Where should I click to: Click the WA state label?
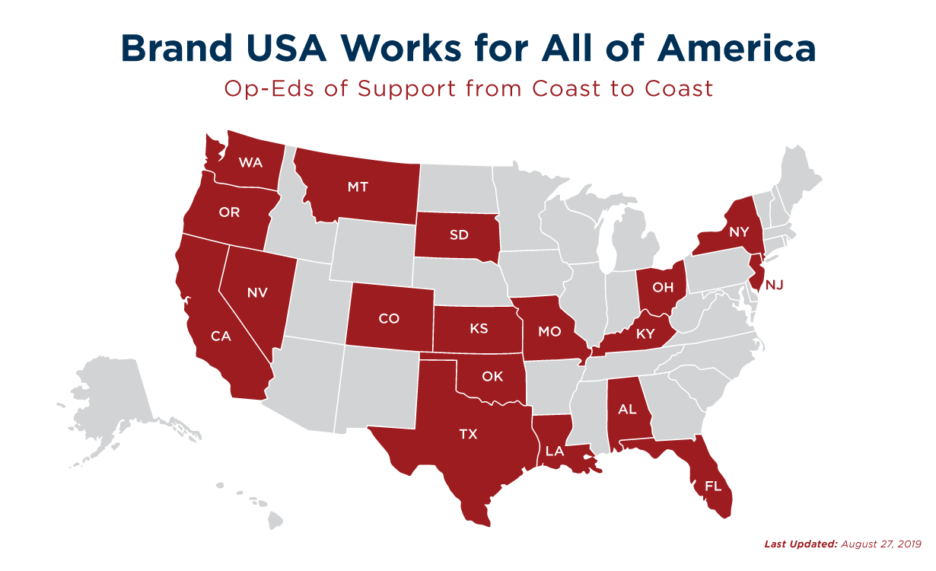click(x=251, y=162)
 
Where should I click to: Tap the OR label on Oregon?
click(x=229, y=212)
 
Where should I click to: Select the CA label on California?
click(x=221, y=336)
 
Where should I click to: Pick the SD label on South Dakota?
click(x=459, y=234)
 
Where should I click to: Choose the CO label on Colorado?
click(x=388, y=318)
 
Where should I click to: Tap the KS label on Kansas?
click(x=479, y=329)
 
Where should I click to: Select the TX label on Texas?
click(x=469, y=434)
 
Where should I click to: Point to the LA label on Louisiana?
click(x=554, y=451)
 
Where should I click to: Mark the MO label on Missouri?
click(x=550, y=331)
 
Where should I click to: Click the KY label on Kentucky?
click(x=646, y=333)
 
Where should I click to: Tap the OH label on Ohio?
click(x=663, y=288)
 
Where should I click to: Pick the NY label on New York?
click(x=739, y=232)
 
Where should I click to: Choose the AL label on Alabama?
click(x=627, y=409)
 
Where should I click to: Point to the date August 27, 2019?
click(x=883, y=544)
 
